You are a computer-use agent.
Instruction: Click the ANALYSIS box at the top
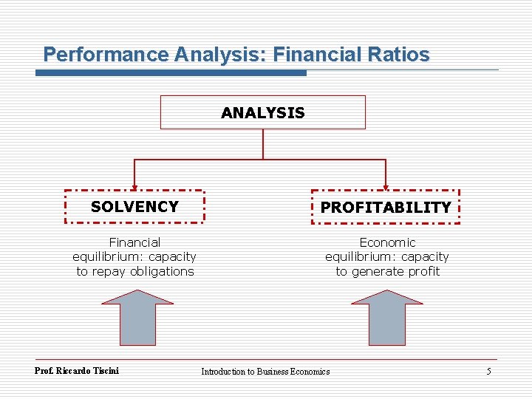coord(263,112)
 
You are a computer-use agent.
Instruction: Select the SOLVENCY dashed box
coord(134,206)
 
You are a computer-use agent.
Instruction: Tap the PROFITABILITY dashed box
coord(385,207)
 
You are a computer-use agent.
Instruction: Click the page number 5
coord(488,371)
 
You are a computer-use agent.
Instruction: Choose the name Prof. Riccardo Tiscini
coord(77,370)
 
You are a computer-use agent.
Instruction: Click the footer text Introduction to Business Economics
coord(265,371)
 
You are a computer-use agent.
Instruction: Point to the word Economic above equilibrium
coord(387,242)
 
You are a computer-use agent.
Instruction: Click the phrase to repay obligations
coord(134,271)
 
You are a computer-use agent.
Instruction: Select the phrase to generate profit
coord(387,271)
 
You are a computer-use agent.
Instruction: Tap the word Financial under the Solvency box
coord(134,242)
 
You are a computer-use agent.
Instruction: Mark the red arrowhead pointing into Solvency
coord(134,187)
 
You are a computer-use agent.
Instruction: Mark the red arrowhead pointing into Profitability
coord(386,187)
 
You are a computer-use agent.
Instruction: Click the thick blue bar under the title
coord(171,72)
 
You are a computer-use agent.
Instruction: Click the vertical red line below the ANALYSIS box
coord(263,144)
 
